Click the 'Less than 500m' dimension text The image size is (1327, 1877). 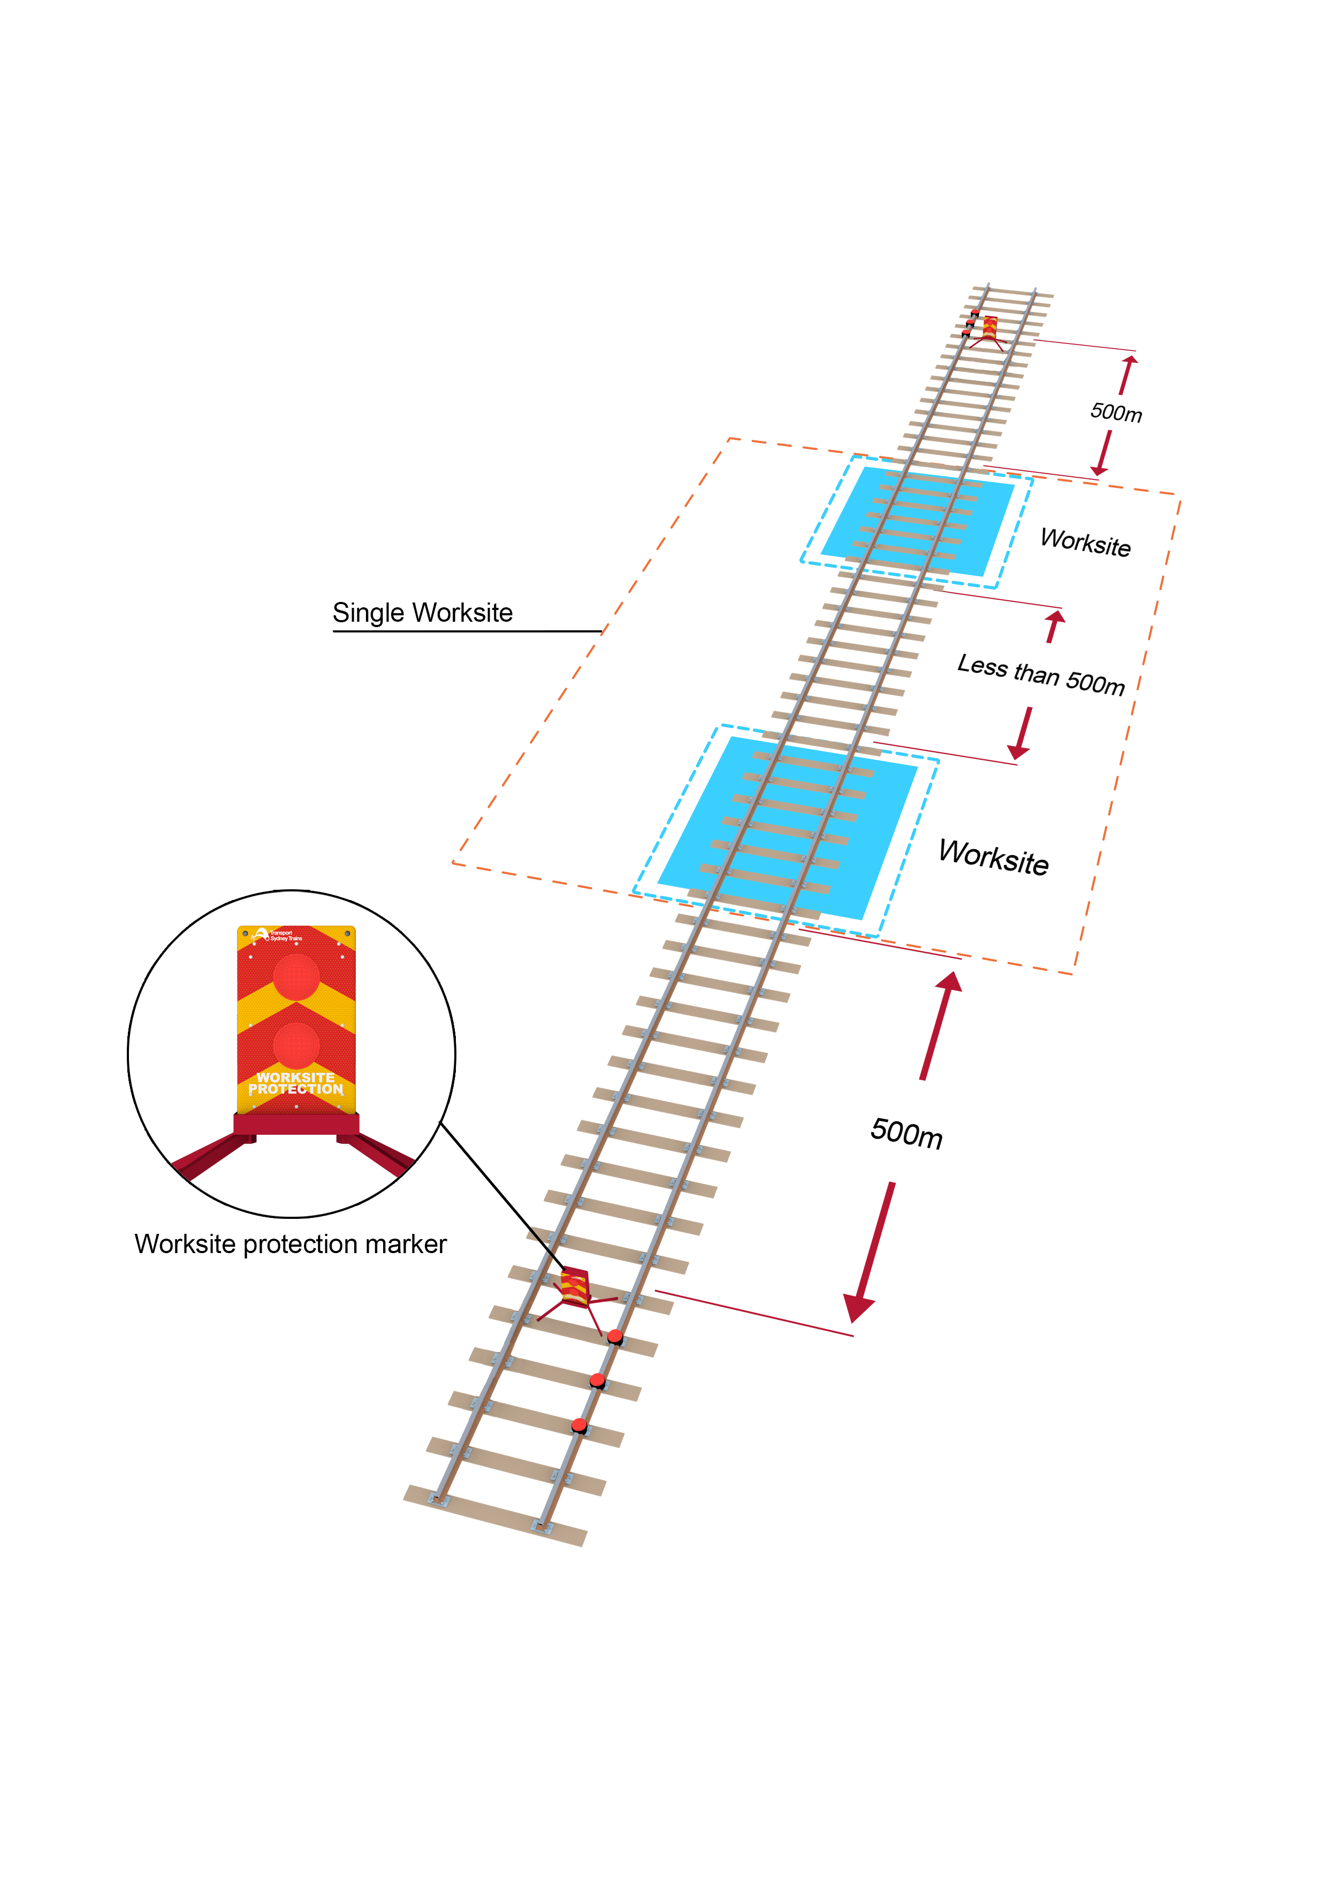(1040, 674)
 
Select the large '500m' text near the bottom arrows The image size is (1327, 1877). (906, 1133)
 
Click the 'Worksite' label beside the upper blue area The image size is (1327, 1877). (1085, 542)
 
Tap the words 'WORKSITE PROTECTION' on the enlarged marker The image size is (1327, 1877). (296, 1083)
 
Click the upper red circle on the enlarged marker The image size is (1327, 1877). (296, 977)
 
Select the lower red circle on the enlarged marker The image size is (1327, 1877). (296, 1045)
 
